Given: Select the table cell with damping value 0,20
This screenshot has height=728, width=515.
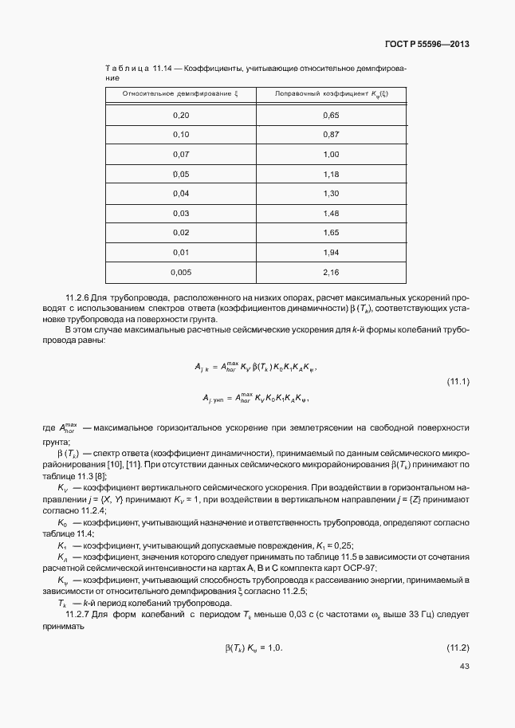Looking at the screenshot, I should tap(181, 116).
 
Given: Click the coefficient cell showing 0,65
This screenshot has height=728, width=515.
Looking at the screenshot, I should tap(331, 116).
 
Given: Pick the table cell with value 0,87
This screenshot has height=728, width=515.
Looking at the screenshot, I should tap(331, 135).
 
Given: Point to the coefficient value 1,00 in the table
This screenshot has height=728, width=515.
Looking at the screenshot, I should tap(331, 155).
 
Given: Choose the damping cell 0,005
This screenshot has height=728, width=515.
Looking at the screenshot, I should tap(181, 272).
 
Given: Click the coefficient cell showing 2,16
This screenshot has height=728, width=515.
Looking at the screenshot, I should tap(331, 272).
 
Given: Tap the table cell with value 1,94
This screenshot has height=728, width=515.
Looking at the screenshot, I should tap(331, 253).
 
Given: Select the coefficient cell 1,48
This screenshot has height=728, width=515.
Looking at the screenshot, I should tap(331, 213).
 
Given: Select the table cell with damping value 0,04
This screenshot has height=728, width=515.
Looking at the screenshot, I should tap(181, 194).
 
